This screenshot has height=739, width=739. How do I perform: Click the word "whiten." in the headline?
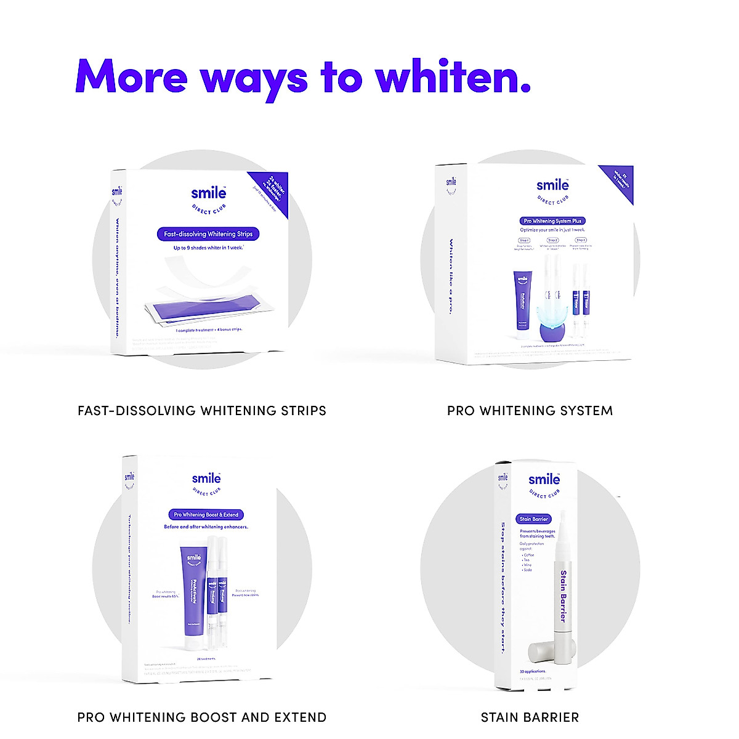coord(453,77)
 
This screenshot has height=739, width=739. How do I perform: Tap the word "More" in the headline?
coord(131,77)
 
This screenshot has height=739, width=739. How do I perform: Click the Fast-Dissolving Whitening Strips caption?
coord(202,411)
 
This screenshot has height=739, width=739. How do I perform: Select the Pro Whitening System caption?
coord(530,411)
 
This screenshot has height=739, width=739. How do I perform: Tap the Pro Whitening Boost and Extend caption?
coord(202,717)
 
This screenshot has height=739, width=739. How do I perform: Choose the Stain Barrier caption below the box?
coord(530,717)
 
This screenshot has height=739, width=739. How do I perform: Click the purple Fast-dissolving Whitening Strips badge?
coord(208,234)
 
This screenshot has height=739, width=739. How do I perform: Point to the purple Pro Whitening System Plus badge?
coord(552,220)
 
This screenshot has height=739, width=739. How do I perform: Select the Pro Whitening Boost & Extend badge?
coord(206,514)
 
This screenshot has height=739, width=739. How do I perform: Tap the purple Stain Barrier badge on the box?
coord(533,519)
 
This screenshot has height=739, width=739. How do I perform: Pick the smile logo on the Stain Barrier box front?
coord(544,480)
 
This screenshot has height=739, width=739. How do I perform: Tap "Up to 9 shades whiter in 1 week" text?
coord(208,248)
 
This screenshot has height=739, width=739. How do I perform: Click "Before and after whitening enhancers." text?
coord(206,527)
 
